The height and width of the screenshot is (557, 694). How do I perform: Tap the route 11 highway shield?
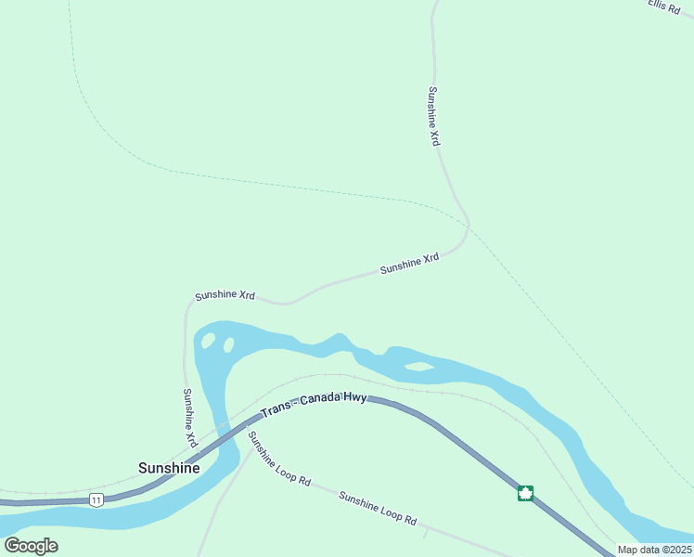pyautogui.click(x=96, y=499)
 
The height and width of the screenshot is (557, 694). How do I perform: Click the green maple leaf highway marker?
pyautogui.click(x=525, y=493)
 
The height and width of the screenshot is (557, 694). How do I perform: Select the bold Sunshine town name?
pyautogui.click(x=169, y=468)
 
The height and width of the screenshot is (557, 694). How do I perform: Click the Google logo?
pyautogui.click(x=31, y=545)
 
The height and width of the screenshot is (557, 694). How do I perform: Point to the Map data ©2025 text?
pyautogui.click(x=654, y=550)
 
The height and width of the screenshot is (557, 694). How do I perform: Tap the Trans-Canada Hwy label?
pyautogui.click(x=314, y=405)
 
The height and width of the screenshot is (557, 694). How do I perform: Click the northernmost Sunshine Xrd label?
pyautogui.click(x=433, y=116)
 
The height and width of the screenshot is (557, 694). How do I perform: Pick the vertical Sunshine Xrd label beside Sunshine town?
pyautogui.click(x=189, y=418)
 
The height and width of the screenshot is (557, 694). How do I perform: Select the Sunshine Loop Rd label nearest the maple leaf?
pyautogui.click(x=377, y=508)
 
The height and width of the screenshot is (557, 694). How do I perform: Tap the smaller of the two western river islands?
pyautogui.click(x=228, y=345)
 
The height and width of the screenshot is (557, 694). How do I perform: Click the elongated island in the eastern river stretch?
pyautogui.click(x=419, y=367)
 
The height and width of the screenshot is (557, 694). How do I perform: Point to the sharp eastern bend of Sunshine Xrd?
pyautogui.click(x=468, y=227)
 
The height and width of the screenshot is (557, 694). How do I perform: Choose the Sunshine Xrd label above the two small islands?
pyautogui.click(x=225, y=295)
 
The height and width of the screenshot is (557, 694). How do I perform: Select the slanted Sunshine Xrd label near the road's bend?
pyautogui.click(x=409, y=265)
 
